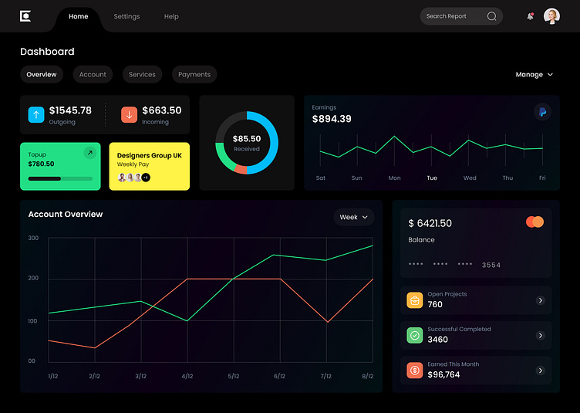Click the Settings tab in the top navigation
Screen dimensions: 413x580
tap(126, 16)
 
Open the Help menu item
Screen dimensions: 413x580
tap(171, 16)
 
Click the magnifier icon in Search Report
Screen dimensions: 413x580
tap(492, 16)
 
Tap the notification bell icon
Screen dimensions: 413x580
tap(530, 16)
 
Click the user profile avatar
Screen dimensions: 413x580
tap(551, 16)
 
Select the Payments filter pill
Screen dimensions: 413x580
tap(194, 74)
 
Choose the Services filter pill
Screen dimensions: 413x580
tap(142, 74)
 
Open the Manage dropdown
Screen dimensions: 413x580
tap(534, 75)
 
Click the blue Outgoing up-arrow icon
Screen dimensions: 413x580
tap(36, 115)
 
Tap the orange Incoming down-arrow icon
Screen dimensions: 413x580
tap(129, 115)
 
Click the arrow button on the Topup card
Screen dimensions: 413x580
tap(90, 153)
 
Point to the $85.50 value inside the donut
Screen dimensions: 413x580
tap(247, 139)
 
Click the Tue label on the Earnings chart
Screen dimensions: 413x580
tap(432, 178)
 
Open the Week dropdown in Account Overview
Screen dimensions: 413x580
tap(354, 218)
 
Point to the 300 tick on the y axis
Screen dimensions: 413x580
tap(33, 238)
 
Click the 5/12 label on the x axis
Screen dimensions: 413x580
tap(234, 377)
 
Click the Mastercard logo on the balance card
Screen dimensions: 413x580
tap(534, 222)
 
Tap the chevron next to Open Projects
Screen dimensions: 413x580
tap(541, 300)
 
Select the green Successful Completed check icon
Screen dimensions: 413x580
tap(415, 336)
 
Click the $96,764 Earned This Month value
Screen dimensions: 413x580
tap(443, 375)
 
